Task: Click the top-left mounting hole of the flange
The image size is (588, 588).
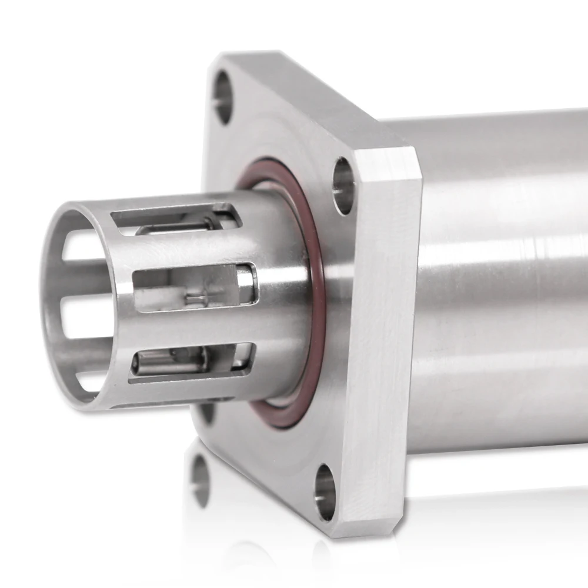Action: click(223, 97)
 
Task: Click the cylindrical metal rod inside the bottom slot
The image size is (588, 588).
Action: click(171, 362)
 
